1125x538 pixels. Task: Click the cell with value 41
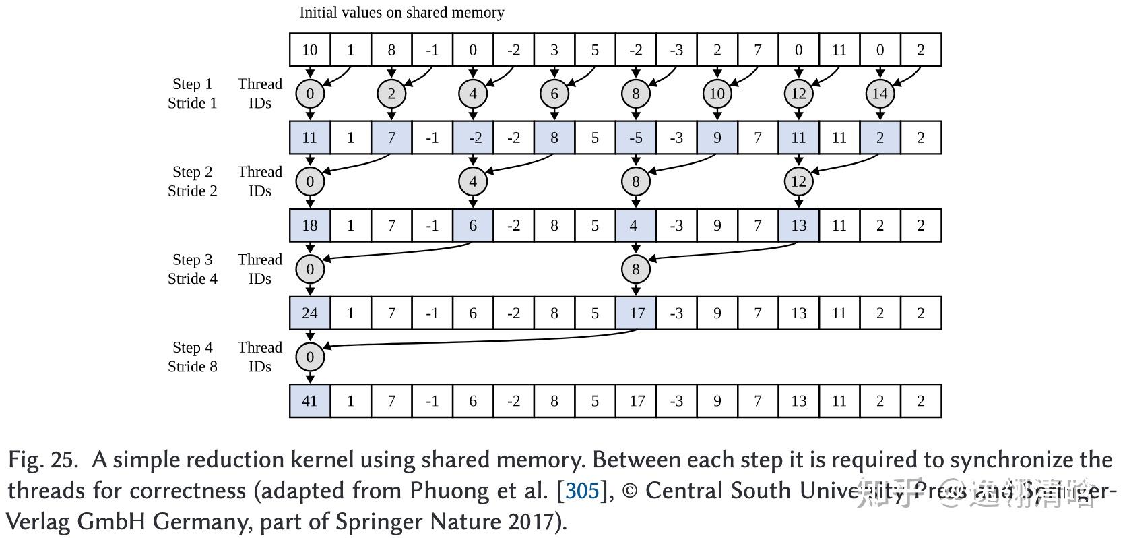coord(310,401)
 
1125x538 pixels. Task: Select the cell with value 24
coord(310,313)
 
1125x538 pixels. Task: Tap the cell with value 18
coord(310,226)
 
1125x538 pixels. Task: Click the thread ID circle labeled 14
coord(880,94)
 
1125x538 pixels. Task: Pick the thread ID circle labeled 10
coord(717,94)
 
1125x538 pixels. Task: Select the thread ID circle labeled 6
coord(554,94)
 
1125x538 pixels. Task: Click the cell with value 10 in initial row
coord(310,50)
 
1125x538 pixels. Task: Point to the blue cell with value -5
coord(635,138)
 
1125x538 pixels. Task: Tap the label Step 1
coord(192,84)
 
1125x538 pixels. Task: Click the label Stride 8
coord(193,367)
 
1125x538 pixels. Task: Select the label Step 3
coord(192,260)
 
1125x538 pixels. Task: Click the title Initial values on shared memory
coord(401,13)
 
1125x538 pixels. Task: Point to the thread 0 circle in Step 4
coord(310,357)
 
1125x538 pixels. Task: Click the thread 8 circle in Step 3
coord(635,270)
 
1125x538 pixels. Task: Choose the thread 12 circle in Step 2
coord(798,181)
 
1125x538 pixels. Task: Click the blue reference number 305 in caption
coord(582,491)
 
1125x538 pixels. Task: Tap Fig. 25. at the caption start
coord(43,460)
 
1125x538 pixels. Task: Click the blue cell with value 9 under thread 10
coord(717,138)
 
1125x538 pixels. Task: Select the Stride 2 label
coord(193,191)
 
